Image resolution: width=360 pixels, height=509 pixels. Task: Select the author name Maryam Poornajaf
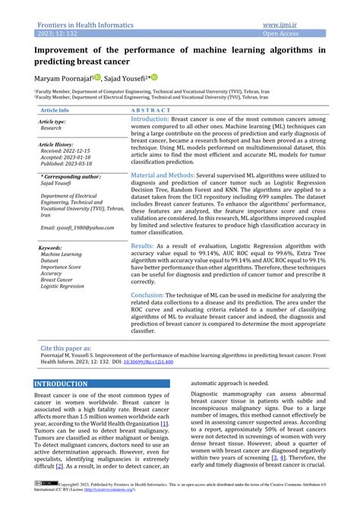tap(62, 77)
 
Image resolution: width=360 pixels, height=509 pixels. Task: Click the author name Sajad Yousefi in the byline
tap(126, 77)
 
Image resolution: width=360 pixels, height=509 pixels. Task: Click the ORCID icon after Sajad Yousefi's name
tap(154, 77)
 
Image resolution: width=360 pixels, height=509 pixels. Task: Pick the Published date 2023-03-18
tap(66, 164)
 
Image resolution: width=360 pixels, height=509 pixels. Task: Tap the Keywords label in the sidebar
tap(51, 248)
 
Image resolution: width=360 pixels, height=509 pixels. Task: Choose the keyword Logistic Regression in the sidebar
tap(62, 286)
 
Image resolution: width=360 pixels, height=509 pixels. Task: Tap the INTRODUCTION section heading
tap(62, 384)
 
